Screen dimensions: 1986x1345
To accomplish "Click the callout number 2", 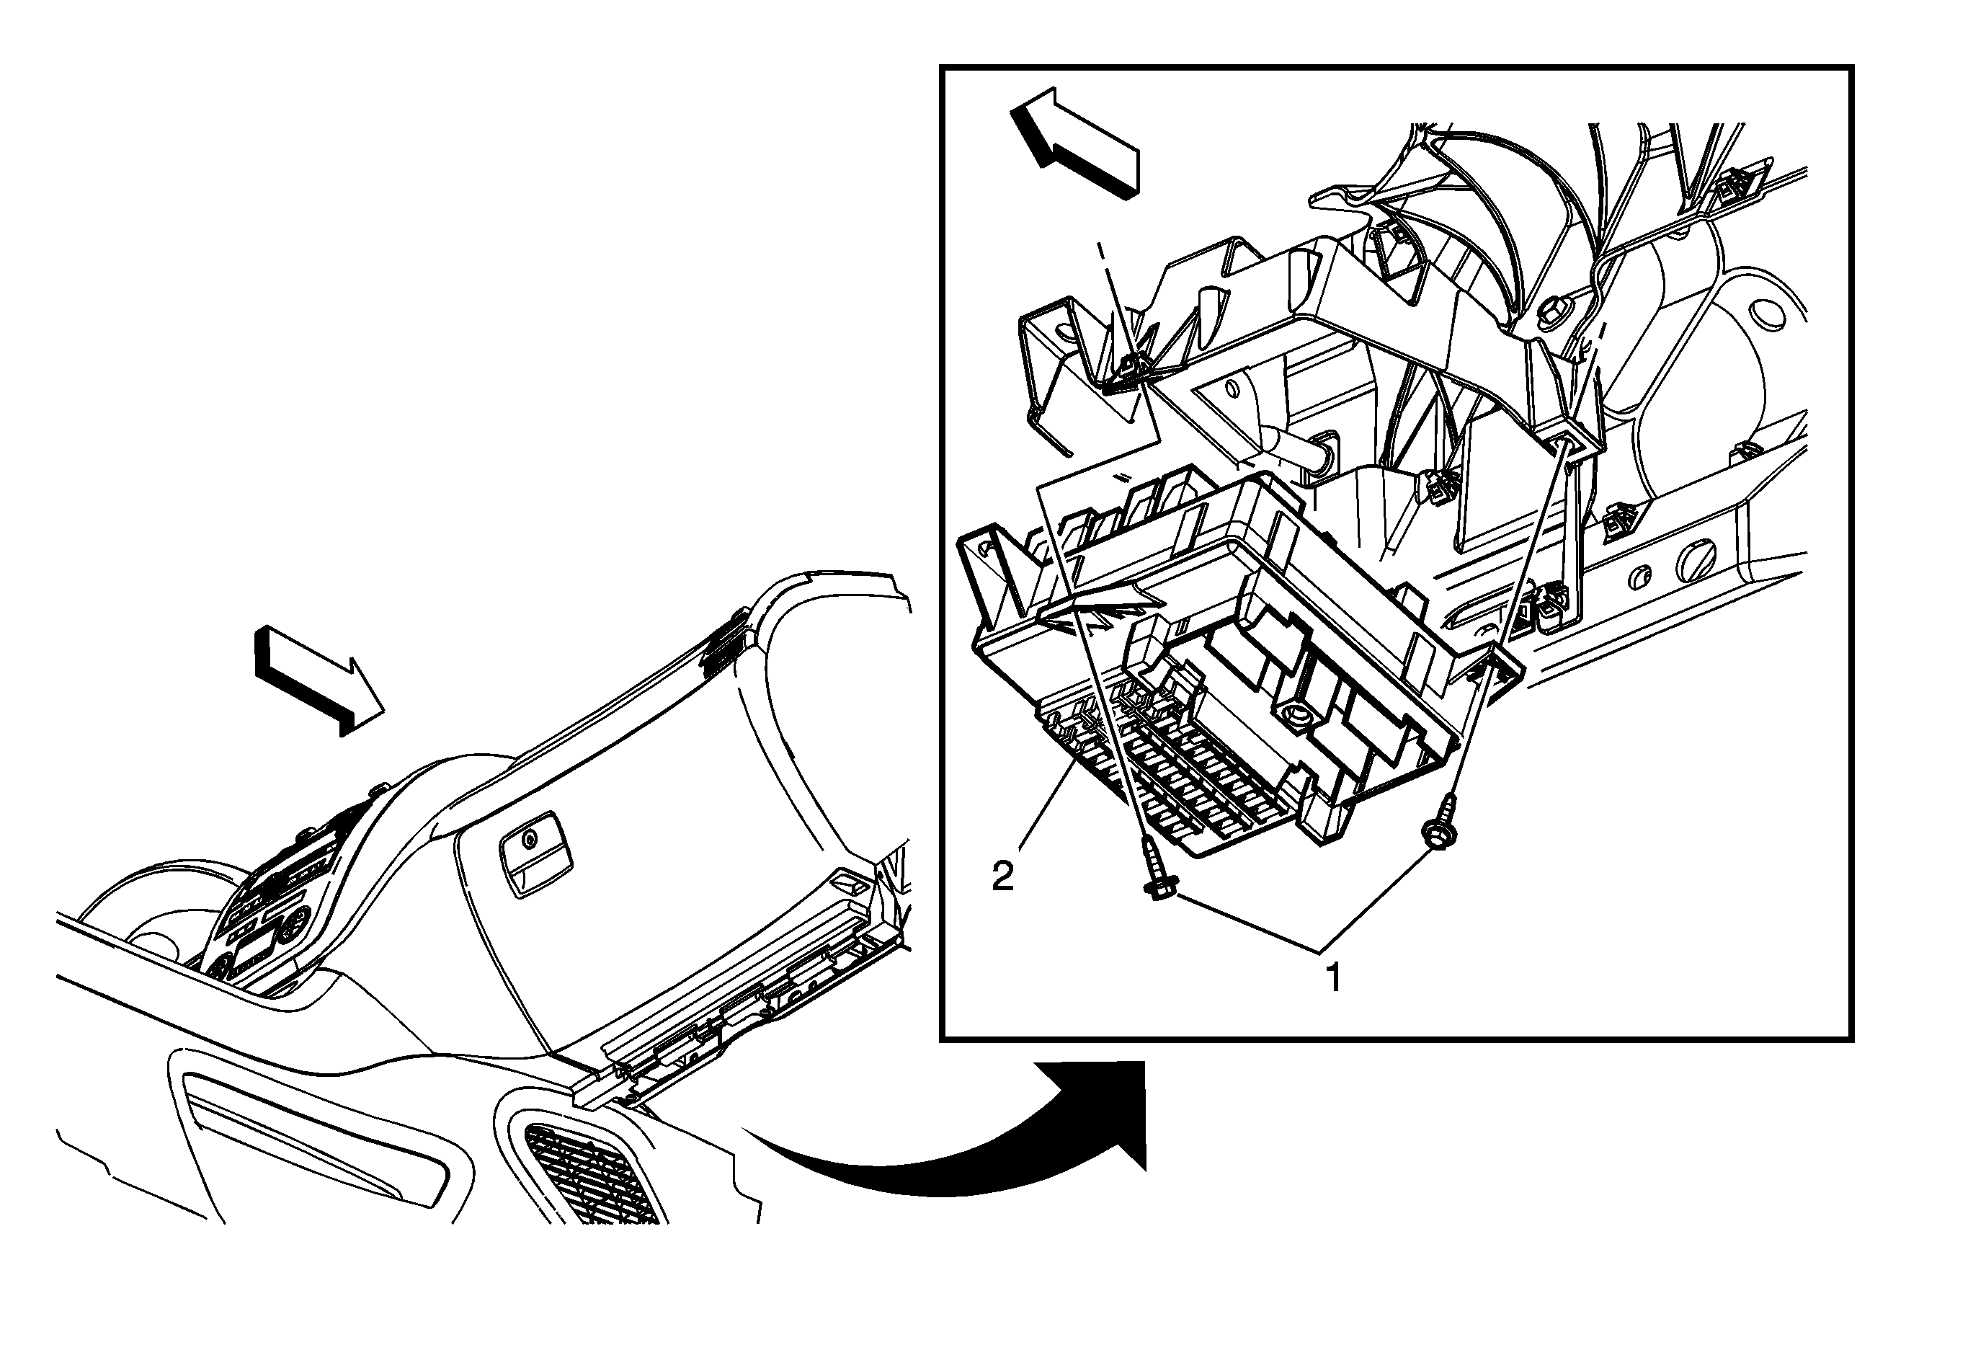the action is pyautogui.click(x=1002, y=876).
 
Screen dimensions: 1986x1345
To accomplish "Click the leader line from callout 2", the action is pyautogui.click(x=1044, y=807).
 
